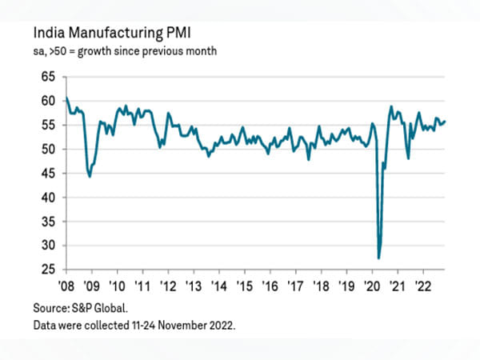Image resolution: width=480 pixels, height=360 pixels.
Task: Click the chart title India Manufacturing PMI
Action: (111, 34)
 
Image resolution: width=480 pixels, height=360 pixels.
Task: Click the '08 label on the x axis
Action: (66, 285)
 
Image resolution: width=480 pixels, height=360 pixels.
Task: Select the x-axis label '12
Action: (168, 285)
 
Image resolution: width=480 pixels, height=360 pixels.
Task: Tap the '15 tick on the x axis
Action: (244, 285)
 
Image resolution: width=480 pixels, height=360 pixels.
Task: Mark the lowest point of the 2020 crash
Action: (378, 258)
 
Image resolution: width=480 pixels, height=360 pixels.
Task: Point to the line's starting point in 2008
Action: (66, 98)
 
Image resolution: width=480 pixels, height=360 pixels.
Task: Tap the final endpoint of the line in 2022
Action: (446, 122)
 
